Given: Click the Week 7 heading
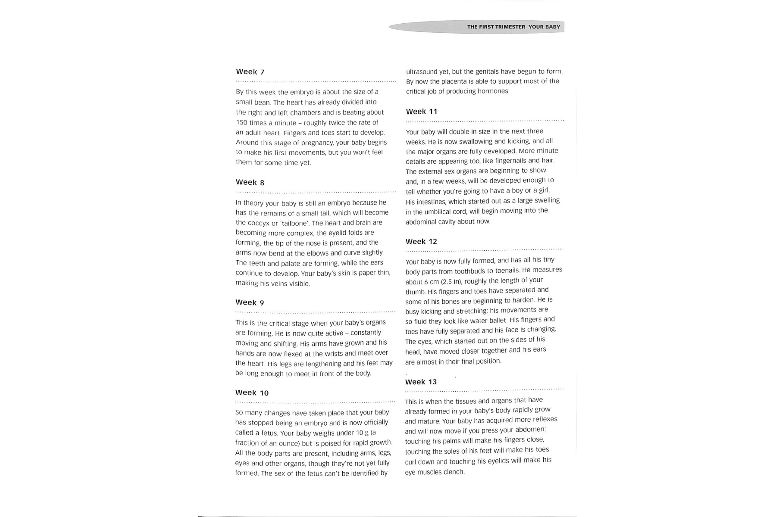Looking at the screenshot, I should [250, 72].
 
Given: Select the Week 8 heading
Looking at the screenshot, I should [250, 183].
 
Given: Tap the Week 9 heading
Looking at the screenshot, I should [250, 302].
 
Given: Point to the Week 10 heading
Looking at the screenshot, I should [252, 393].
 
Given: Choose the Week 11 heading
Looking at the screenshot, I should [422, 112].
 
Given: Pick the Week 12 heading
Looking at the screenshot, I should [421, 242].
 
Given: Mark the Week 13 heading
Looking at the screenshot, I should [421, 382].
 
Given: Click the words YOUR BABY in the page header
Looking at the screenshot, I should [544, 27].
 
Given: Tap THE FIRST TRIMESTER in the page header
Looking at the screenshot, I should [496, 27].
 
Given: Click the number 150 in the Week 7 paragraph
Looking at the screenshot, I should [241, 123].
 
